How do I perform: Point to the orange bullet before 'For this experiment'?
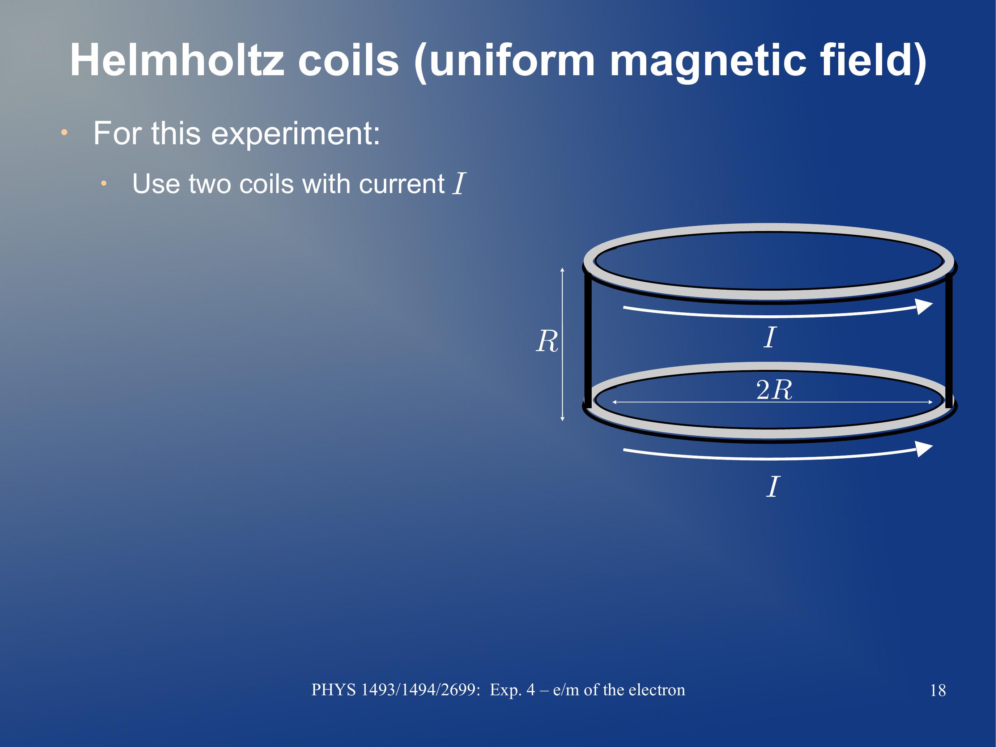64,133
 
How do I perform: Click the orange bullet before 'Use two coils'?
103,183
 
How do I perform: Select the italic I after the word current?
459,184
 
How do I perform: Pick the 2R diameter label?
774,389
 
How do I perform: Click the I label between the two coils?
770,337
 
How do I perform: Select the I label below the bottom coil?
772,487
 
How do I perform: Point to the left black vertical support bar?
588,340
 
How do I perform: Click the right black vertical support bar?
949,340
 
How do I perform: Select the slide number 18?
938,690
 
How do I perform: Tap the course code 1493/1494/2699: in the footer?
421,690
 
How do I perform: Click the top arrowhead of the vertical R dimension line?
562,270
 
